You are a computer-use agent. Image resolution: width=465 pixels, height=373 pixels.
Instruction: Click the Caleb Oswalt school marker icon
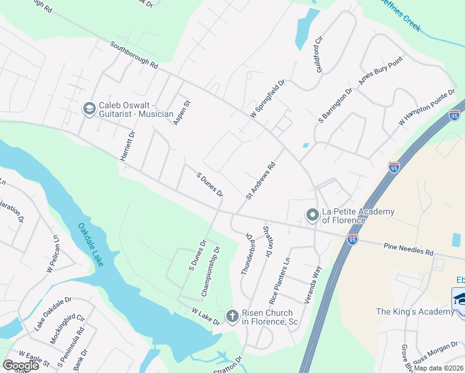coord(88,109)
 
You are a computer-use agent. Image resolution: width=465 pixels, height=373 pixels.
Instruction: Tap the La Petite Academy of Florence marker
coord(312,216)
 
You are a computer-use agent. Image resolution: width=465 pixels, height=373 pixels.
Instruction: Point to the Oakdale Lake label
coord(91,244)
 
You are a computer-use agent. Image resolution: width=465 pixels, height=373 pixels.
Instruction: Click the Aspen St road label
coord(182,112)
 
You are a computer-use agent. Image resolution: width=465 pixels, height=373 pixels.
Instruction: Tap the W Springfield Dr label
coord(267,98)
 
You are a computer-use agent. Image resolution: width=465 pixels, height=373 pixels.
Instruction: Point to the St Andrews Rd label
coord(260,181)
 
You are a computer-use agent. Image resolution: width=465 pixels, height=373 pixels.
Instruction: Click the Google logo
coord(21,365)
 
